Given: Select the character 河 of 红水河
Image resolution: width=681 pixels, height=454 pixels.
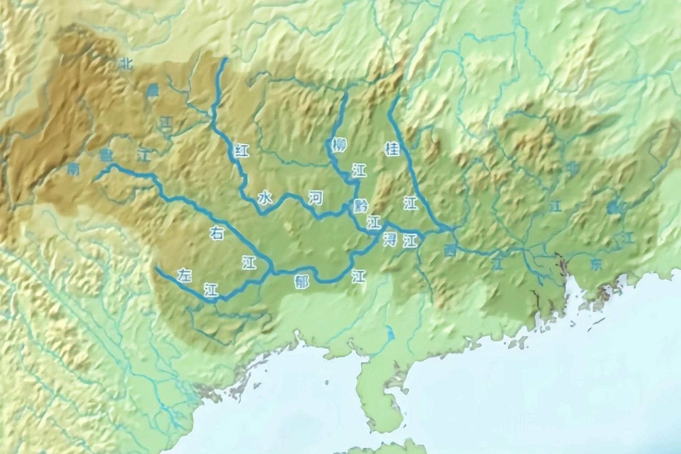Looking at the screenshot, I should (x=315, y=198).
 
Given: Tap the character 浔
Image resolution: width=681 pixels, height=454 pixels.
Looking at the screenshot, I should (x=390, y=239).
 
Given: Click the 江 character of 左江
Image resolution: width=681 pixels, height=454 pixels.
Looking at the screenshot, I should (x=211, y=290).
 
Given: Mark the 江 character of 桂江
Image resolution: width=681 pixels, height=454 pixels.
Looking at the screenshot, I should (x=411, y=204).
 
